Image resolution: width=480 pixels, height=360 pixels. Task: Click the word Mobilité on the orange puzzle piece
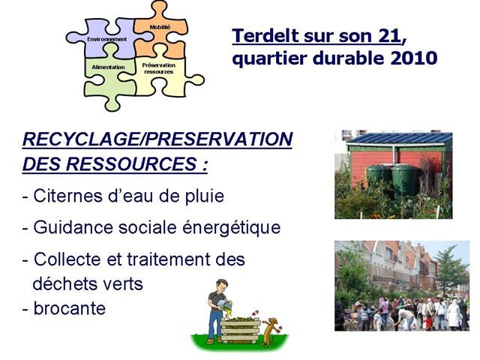(160, 27)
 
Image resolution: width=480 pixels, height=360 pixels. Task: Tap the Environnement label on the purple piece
(106, 39)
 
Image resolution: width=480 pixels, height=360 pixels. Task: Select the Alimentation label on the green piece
(108, 67)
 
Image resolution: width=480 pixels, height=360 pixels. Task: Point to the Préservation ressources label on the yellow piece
(159, 68)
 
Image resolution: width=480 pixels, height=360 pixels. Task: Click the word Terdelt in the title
(265, 36)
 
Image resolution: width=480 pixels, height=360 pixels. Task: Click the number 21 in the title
(389, 36)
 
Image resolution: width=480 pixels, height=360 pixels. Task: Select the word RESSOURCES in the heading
(131, 163)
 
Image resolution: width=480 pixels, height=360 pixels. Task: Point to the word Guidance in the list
(73, 227)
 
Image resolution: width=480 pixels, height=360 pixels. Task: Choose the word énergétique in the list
(232, 228)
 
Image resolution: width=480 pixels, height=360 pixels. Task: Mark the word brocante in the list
(70, 308)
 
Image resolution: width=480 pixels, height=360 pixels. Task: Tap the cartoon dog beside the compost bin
(271, 331)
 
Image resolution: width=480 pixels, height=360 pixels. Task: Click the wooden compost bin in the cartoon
(240, 330)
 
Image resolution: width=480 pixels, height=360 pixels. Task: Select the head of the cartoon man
(221, 286)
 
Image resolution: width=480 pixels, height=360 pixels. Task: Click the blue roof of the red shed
(400, 138)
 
